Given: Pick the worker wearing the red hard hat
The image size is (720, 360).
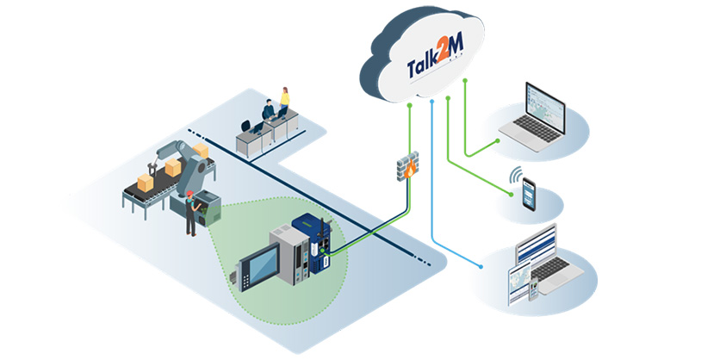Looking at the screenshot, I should [x=189, y=214].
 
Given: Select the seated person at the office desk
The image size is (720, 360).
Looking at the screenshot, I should [x=269, y=112].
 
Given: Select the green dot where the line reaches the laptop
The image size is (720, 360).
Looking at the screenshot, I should [x=499, y=139].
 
